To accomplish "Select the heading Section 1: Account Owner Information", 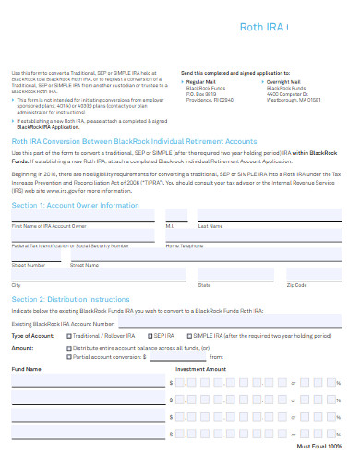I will pos(75,204).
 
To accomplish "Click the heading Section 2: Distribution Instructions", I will pos(70,300).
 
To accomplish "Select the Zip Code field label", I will pos(297,285).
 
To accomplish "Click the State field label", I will pos(204,285).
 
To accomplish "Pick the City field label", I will pos(16,285).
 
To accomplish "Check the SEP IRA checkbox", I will pos(147,336).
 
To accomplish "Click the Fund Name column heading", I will pos(26,369).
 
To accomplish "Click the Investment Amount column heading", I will pos(200,369).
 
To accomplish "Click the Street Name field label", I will pos(86,265).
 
